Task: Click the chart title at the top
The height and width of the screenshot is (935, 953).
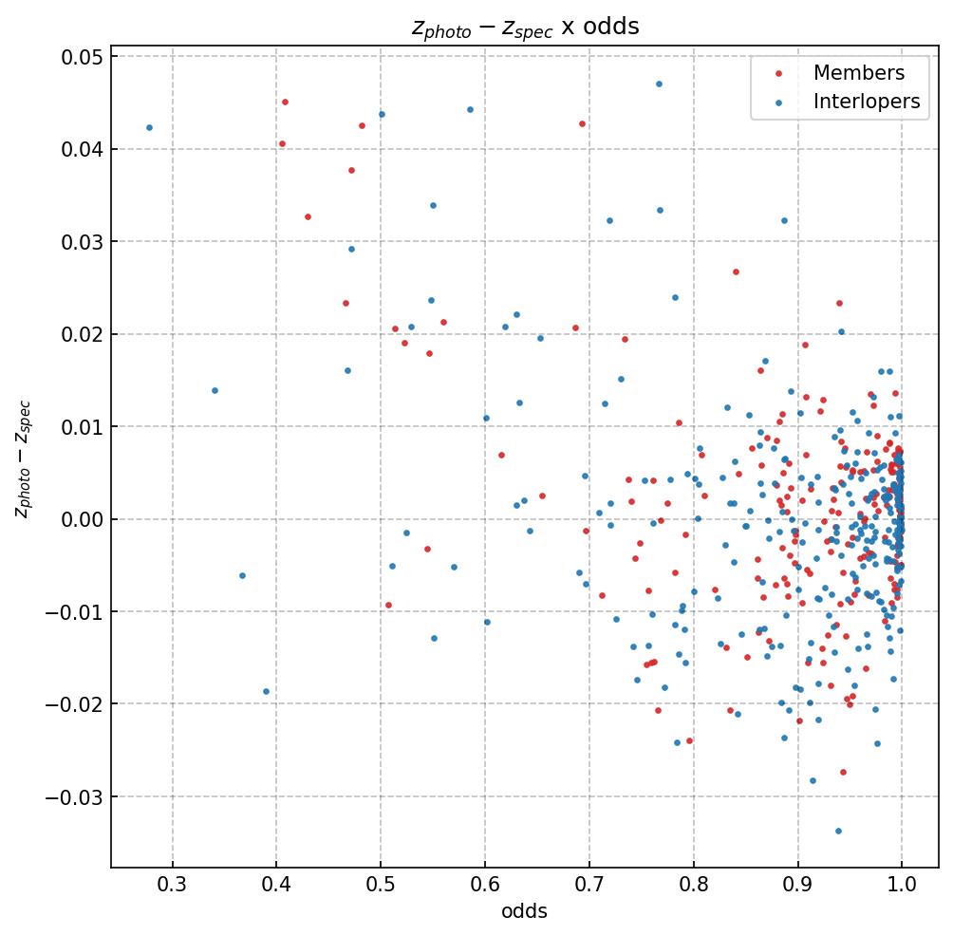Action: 525,27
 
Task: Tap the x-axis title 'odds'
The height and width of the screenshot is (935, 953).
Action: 524,911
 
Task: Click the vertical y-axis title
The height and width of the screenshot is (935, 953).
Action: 23,459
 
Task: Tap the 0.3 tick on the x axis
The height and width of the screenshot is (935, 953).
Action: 172,887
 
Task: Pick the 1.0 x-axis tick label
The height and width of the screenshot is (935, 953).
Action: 902,887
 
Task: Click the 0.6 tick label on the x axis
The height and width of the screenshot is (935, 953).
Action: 485,887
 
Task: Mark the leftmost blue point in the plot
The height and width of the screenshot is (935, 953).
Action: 149,127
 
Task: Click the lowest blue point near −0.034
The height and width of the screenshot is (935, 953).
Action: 838,831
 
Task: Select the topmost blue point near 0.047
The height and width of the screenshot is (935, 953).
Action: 659,84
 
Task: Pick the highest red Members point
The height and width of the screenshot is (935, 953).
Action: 285,102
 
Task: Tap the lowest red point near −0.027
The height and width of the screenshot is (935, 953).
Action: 843,772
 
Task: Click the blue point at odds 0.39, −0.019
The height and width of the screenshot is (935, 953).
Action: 266,691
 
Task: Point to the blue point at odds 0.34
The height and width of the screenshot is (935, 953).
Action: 215,390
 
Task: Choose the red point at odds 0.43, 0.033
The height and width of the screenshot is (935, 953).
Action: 308,216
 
